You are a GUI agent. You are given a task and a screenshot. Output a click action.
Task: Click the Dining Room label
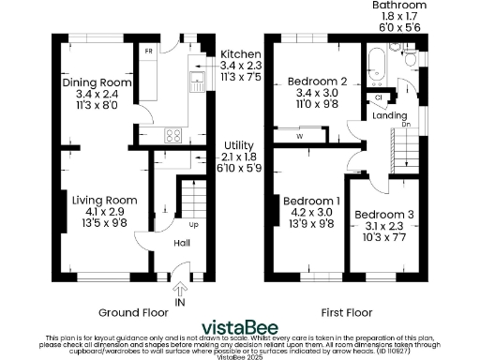[96, 82]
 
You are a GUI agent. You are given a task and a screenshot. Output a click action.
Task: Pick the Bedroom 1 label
[313, 201]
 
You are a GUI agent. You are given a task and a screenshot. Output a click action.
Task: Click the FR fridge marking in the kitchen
[148, 51]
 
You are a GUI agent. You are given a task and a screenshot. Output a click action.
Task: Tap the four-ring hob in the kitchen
[172, 134]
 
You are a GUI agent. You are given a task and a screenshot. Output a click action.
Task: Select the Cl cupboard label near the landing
[379, 97]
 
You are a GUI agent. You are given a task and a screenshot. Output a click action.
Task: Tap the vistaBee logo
[240, 327]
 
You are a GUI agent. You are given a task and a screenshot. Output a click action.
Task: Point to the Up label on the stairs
[193, 225]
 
